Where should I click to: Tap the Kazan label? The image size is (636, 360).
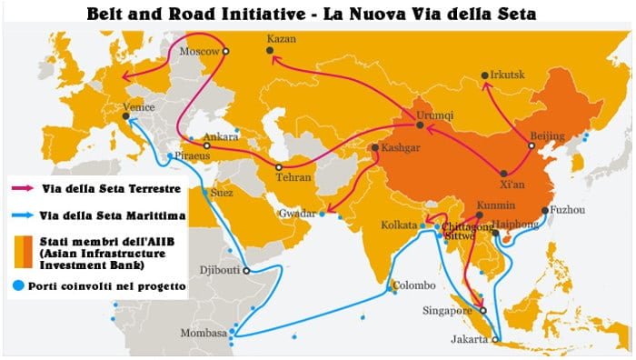click(283, 39)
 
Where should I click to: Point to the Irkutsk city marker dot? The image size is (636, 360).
click(482, 75)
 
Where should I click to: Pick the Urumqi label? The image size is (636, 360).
click(435, 115)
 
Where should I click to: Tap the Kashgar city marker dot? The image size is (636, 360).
click(374, 147)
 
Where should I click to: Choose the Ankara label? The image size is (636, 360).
click(222, 138)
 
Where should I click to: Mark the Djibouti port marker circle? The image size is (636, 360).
click(246, 270)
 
